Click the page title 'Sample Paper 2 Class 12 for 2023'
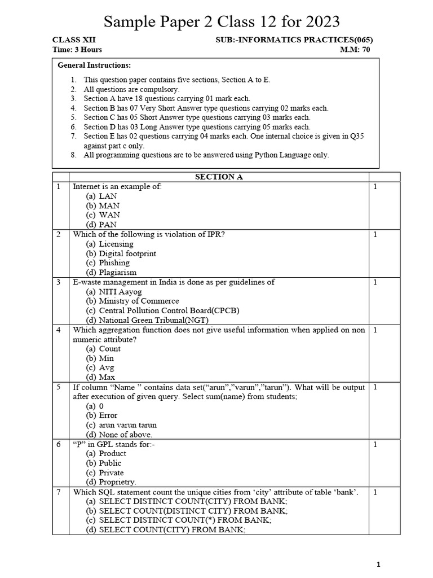click(222, 22)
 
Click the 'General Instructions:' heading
click(94, 65)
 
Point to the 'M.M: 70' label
click(355, 50)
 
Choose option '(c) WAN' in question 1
click(103, 215)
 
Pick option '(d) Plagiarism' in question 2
click(111, 272)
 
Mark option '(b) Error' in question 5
click(102, 415)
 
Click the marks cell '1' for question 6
click(375, 444)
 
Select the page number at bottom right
click(379, 564)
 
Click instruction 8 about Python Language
click(206, 155)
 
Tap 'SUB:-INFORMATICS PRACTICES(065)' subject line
click(294, 40)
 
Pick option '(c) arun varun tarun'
click(121, 425)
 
